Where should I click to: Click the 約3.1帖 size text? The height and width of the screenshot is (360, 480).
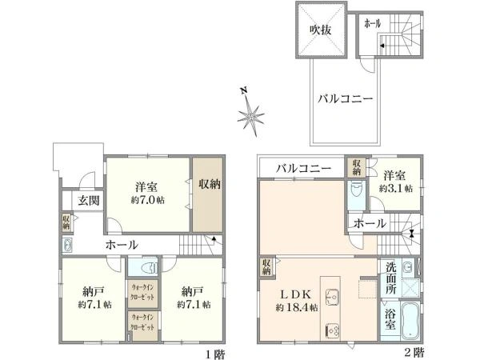pos(397,189)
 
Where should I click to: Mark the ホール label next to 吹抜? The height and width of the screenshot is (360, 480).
pos(371,25)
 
